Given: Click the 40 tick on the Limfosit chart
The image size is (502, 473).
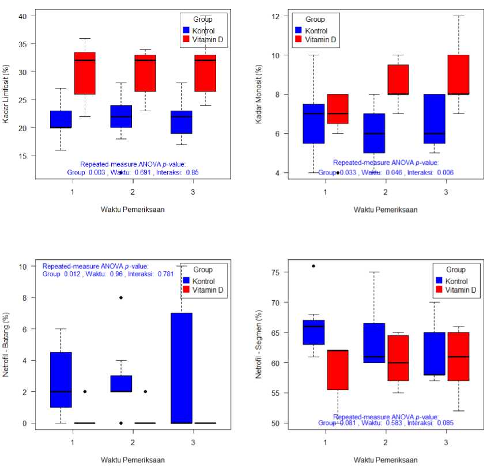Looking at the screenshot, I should (22, 16).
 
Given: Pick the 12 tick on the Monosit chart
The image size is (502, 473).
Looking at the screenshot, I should (276, 16).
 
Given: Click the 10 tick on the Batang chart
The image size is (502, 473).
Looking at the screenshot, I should (22, 267).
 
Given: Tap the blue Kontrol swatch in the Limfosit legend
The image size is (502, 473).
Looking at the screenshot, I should (186, 29).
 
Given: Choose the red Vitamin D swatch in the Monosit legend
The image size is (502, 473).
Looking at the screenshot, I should (298, 40).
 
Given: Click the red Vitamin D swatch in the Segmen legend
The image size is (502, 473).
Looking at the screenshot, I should (440, 290).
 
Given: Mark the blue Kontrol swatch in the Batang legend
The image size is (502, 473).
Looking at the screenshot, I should (186, 281).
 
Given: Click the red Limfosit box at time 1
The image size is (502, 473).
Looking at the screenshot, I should (85, 73).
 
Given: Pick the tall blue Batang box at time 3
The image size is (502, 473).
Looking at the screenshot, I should (181, 368).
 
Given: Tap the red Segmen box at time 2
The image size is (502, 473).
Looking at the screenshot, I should (398, 358).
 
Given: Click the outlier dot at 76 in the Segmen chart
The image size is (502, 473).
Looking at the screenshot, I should (314, 266).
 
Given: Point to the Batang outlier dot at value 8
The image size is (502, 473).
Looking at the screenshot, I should (120, 298).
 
